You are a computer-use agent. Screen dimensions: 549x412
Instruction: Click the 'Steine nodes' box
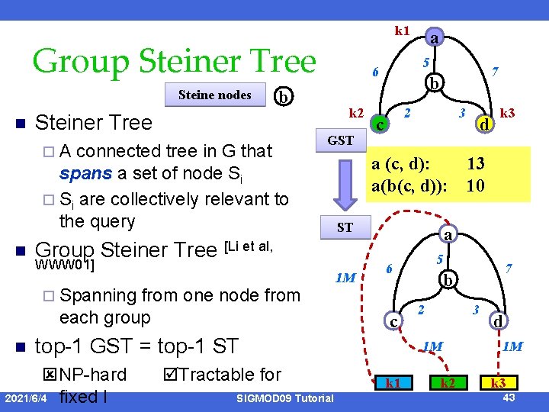point(215,95)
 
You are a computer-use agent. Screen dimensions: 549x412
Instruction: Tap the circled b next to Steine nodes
point(283,96)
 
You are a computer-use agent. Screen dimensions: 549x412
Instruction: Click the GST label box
point(340,140)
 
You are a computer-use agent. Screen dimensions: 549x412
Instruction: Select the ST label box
point(345,227)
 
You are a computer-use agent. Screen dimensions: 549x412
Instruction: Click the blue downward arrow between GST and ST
point(345,183)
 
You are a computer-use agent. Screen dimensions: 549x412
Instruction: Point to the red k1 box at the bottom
point(393,383)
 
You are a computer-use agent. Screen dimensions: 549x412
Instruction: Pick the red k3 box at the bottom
point(497,383)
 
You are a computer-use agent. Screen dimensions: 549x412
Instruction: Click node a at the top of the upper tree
point(432,37)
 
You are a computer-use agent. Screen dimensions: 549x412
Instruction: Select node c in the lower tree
point(392,322)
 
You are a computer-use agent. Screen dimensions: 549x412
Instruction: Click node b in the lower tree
point(451,280)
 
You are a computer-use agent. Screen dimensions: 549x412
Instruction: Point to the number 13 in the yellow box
point(476,163)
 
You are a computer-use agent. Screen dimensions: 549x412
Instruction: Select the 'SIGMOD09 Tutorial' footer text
point(285,398)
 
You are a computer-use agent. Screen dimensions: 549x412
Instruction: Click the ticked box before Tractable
point(171,375)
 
